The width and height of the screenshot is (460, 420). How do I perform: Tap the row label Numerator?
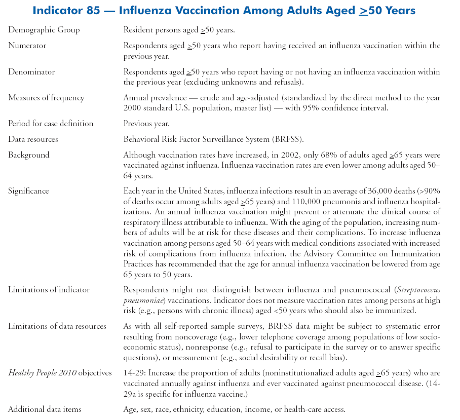pyautogui.click(x=27, y=46)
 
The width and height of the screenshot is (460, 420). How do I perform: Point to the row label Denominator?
pyautogui.click(x=31, y=72)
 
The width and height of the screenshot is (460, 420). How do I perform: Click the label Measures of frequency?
pyautogui.click(x=46, y=98)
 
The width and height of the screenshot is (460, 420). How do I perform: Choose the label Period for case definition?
pyautogui.click(x=51, y=124)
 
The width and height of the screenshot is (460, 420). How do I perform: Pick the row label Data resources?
pyautogui.click(x=33, y=139)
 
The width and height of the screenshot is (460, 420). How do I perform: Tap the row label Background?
pyautogui.click(x=29, y=155)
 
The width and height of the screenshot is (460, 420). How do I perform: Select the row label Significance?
pyautogui.click(x=28, y=191)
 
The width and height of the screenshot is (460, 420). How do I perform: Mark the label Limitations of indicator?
pyautogui.click(x=49, y=290)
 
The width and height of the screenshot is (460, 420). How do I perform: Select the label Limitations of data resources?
pyautogui.click(x=57, y=326)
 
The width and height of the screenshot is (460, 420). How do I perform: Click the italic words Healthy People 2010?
pyautogui.click(x=42, y=373)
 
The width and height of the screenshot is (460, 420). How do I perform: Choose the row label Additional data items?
pyautogui.click(x=45, y=409)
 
